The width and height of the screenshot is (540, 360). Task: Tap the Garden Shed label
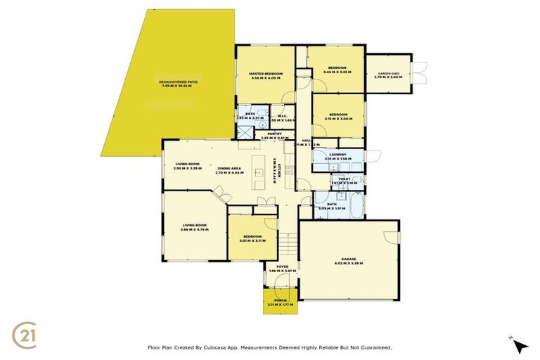coord(389,74)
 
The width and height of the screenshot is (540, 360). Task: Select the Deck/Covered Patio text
coord(178,82)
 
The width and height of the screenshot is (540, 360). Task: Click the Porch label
coord(281,300)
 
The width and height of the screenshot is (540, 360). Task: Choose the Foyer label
coord(282,266)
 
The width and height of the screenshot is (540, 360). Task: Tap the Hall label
coord(307,141)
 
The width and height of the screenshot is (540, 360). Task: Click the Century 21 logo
coord(29,333)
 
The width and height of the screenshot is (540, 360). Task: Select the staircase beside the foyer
coord(288,245)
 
